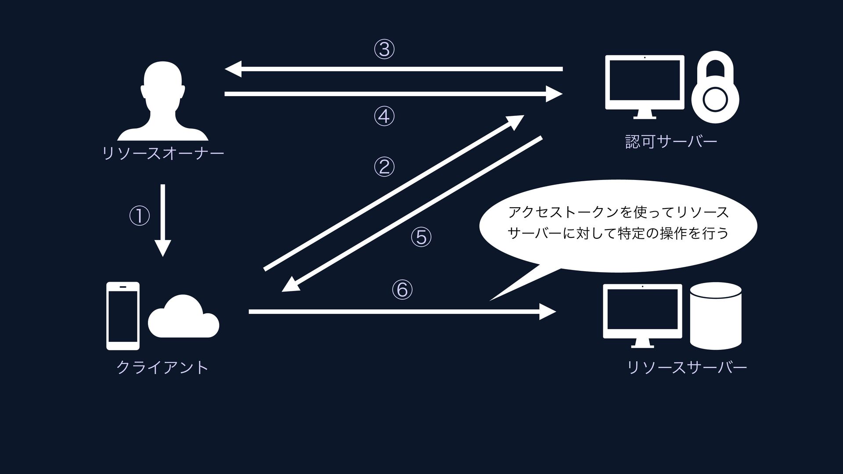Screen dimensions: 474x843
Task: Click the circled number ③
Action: [x=384, y=49]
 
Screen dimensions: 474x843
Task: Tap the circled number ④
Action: [x=384, y=116]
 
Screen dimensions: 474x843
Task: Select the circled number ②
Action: [x=384, y=167]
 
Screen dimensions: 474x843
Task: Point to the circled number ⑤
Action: [x=421, y=237]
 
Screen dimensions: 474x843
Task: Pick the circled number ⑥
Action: [x=402, y=290]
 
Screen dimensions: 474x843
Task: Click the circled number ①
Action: [x=140, y=216]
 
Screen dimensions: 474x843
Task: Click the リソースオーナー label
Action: [x=163, y=153]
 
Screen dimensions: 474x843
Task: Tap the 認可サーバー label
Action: [x=671, y=141]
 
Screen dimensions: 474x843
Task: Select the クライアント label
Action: [x=162, y=367]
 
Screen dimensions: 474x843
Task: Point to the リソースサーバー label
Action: [x=687, y=367]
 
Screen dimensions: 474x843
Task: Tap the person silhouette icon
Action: [x=163, y=101]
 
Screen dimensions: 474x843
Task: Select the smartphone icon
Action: [x=123, y=316]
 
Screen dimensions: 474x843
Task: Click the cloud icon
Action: [x=184, y=317]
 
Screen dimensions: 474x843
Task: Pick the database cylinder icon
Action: [x=716, y=316]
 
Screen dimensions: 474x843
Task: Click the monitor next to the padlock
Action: [x=645, y=86]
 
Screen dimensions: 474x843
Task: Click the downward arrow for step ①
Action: [x=163, y=219]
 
